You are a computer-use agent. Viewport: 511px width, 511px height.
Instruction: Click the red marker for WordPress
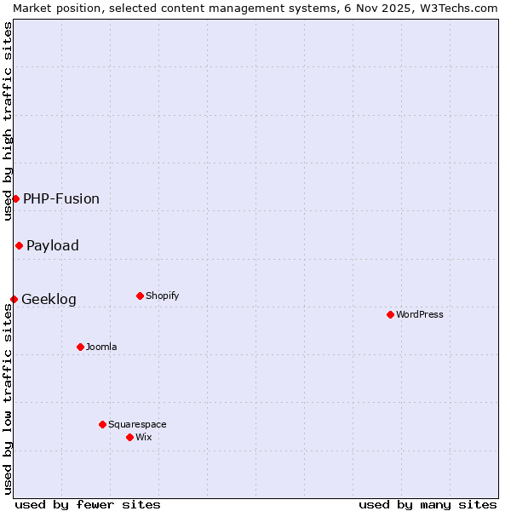(390, 314)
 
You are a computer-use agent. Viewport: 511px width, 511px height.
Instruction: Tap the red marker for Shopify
(140, 296)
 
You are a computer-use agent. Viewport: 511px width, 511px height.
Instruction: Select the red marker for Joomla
(80, 347)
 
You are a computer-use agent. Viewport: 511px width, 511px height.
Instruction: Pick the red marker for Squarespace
(102, 424)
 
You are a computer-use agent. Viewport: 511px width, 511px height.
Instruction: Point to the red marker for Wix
(129, 437)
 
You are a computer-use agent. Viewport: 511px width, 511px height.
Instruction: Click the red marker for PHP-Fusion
(15, 198)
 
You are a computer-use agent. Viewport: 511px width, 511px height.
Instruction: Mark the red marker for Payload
(19, 245)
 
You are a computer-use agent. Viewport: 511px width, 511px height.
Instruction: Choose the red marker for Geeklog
(14, 299)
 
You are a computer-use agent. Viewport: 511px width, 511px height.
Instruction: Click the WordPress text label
(420, 314)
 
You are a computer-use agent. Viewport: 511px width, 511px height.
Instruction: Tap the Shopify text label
(162, 296)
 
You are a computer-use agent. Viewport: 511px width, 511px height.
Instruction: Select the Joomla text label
(101, 347)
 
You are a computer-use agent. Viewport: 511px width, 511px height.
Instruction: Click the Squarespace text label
(137, 424)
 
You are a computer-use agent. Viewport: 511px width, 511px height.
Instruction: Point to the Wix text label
(143, 437)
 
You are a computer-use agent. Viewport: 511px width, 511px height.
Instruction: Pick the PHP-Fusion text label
(61, 198)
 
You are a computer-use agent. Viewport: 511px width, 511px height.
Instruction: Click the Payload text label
(53, 245)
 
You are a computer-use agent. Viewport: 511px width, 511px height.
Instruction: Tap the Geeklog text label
(49, 299)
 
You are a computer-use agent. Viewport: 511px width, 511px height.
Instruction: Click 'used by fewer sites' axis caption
(88, 504)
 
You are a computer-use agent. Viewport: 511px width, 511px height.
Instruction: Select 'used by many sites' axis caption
(428, 504)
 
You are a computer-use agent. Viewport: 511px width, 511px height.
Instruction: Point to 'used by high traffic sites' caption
(8, 121)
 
